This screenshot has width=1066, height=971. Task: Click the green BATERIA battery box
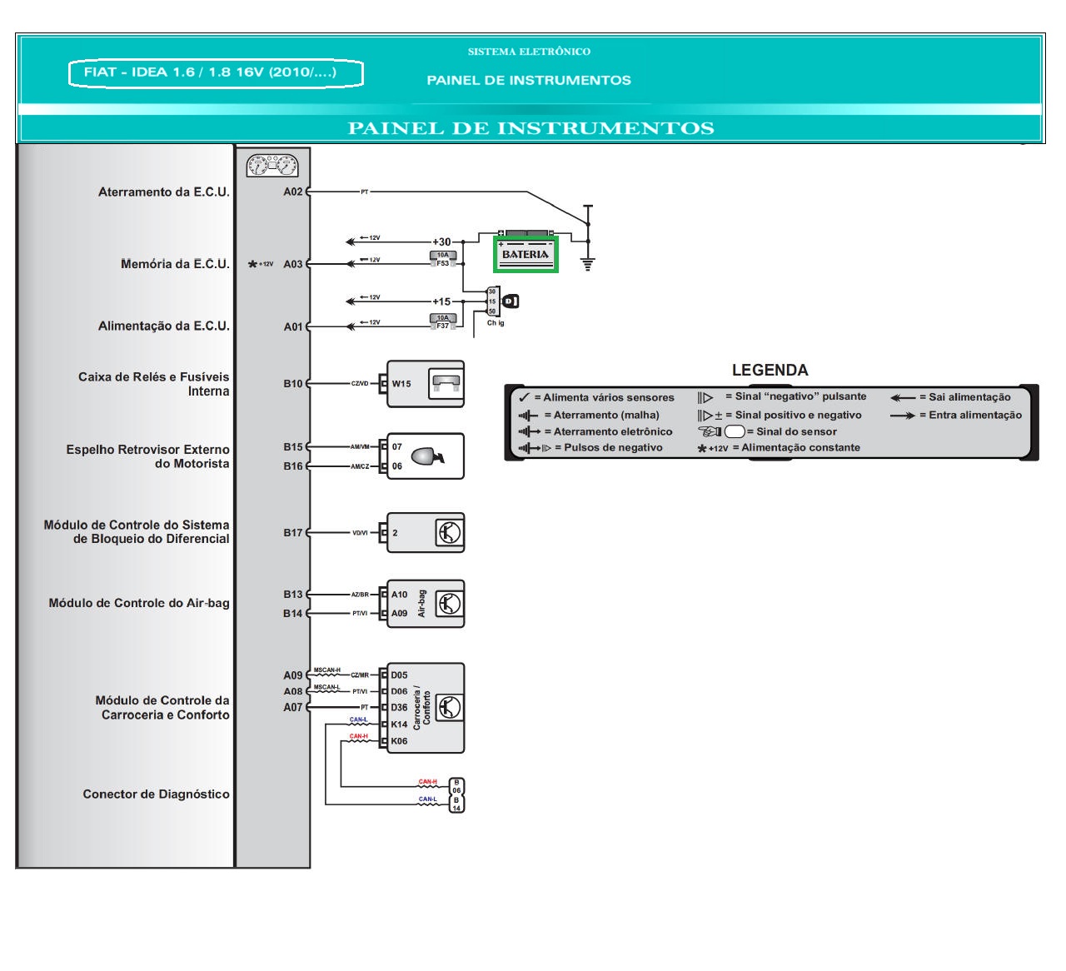coord(526,254)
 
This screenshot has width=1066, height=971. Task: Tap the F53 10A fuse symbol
coord(442,259)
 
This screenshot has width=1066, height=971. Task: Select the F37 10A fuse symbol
coord(442,321)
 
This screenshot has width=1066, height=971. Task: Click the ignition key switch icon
coord(510,301)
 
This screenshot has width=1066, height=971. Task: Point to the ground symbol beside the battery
coord(588,265)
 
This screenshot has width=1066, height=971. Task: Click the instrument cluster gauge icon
coord(272,166)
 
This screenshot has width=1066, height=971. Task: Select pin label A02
coord(292,192)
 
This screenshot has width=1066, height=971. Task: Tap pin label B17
coord(292,533)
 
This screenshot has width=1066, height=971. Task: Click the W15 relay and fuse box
coord(426,384)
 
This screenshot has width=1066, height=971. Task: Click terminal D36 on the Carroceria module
coord(399,708)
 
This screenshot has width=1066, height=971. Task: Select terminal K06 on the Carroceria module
coord(399,741)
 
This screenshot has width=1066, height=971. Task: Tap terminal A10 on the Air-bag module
coord(399,595)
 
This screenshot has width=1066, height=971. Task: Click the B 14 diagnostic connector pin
coord(456,804)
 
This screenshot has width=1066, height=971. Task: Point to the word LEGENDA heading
coord(770,370)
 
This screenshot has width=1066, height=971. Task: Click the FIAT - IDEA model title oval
coord(216,73)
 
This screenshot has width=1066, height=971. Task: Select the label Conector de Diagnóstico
coord(156,794)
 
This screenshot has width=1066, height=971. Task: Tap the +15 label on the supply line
coord(441,301)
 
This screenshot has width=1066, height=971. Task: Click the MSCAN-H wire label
coord(326,670)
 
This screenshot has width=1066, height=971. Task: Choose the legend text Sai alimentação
coord(969,397)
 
